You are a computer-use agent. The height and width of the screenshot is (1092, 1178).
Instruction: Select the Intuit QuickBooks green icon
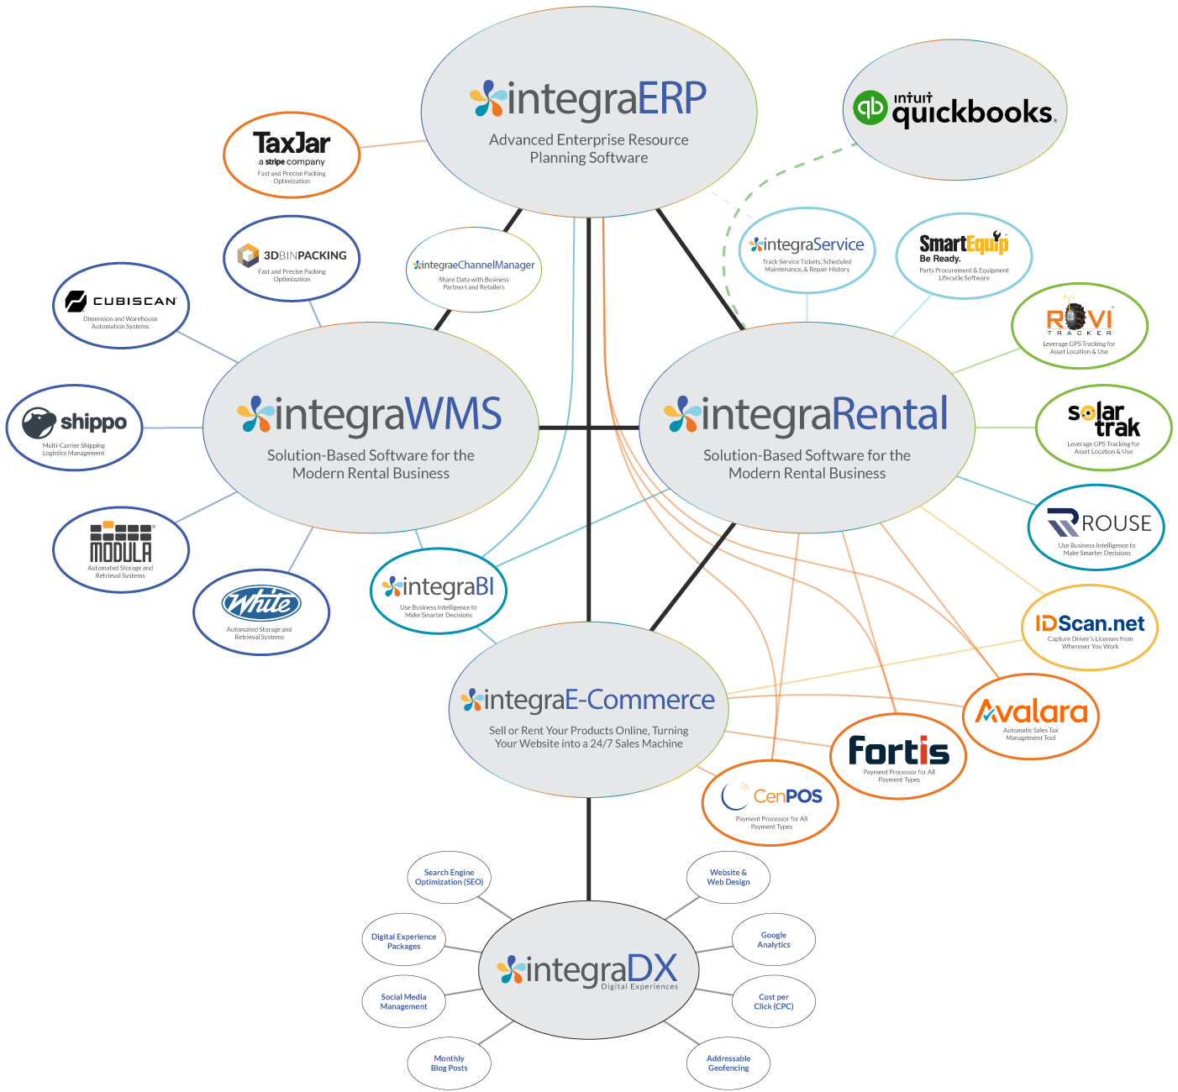coord(870,108)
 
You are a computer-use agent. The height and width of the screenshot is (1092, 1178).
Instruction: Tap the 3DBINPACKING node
coord(292,258)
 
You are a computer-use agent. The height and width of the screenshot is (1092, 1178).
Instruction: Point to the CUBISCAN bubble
coord(121,306)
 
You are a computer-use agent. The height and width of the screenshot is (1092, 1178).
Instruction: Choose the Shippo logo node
coord(75,428)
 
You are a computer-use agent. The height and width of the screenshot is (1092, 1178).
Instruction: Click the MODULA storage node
coord(121,549)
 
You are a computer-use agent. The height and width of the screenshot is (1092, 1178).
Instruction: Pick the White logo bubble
coord(261,612)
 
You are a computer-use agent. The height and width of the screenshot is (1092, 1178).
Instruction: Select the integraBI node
coord(439,591)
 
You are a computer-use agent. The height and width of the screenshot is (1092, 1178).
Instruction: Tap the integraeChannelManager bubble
coord(474,271)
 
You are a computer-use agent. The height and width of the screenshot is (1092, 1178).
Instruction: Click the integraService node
coord(807,250)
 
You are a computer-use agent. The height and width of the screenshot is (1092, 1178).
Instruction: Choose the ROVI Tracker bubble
coord(1080,326)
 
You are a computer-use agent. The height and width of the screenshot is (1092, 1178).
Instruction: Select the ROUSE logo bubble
coord(1096,528)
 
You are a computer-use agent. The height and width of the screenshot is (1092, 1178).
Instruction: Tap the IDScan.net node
coord(1090,628)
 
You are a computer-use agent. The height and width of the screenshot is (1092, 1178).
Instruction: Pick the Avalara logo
coord(1031,717)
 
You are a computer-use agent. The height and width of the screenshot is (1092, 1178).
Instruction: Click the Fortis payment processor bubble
coord(898,755)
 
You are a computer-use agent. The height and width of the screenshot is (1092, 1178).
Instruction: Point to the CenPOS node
coord(770,801)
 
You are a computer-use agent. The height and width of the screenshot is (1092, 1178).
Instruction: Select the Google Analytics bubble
coord(773,940)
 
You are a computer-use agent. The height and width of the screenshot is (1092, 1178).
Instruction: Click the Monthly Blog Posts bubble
coord(449,1063)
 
